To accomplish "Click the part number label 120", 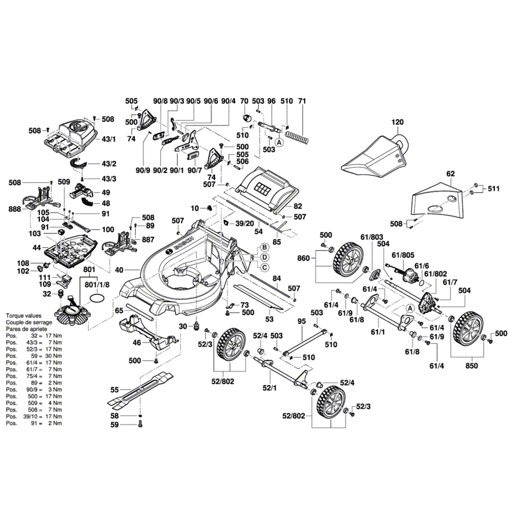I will (x=398, y=123).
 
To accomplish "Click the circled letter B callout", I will (x=265, y=247).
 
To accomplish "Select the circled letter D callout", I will (x=265, y=257).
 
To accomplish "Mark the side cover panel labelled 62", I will (x=437, y=201).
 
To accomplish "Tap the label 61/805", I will (x=403, y=255).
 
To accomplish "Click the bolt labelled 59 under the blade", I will (x=140, y=425).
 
